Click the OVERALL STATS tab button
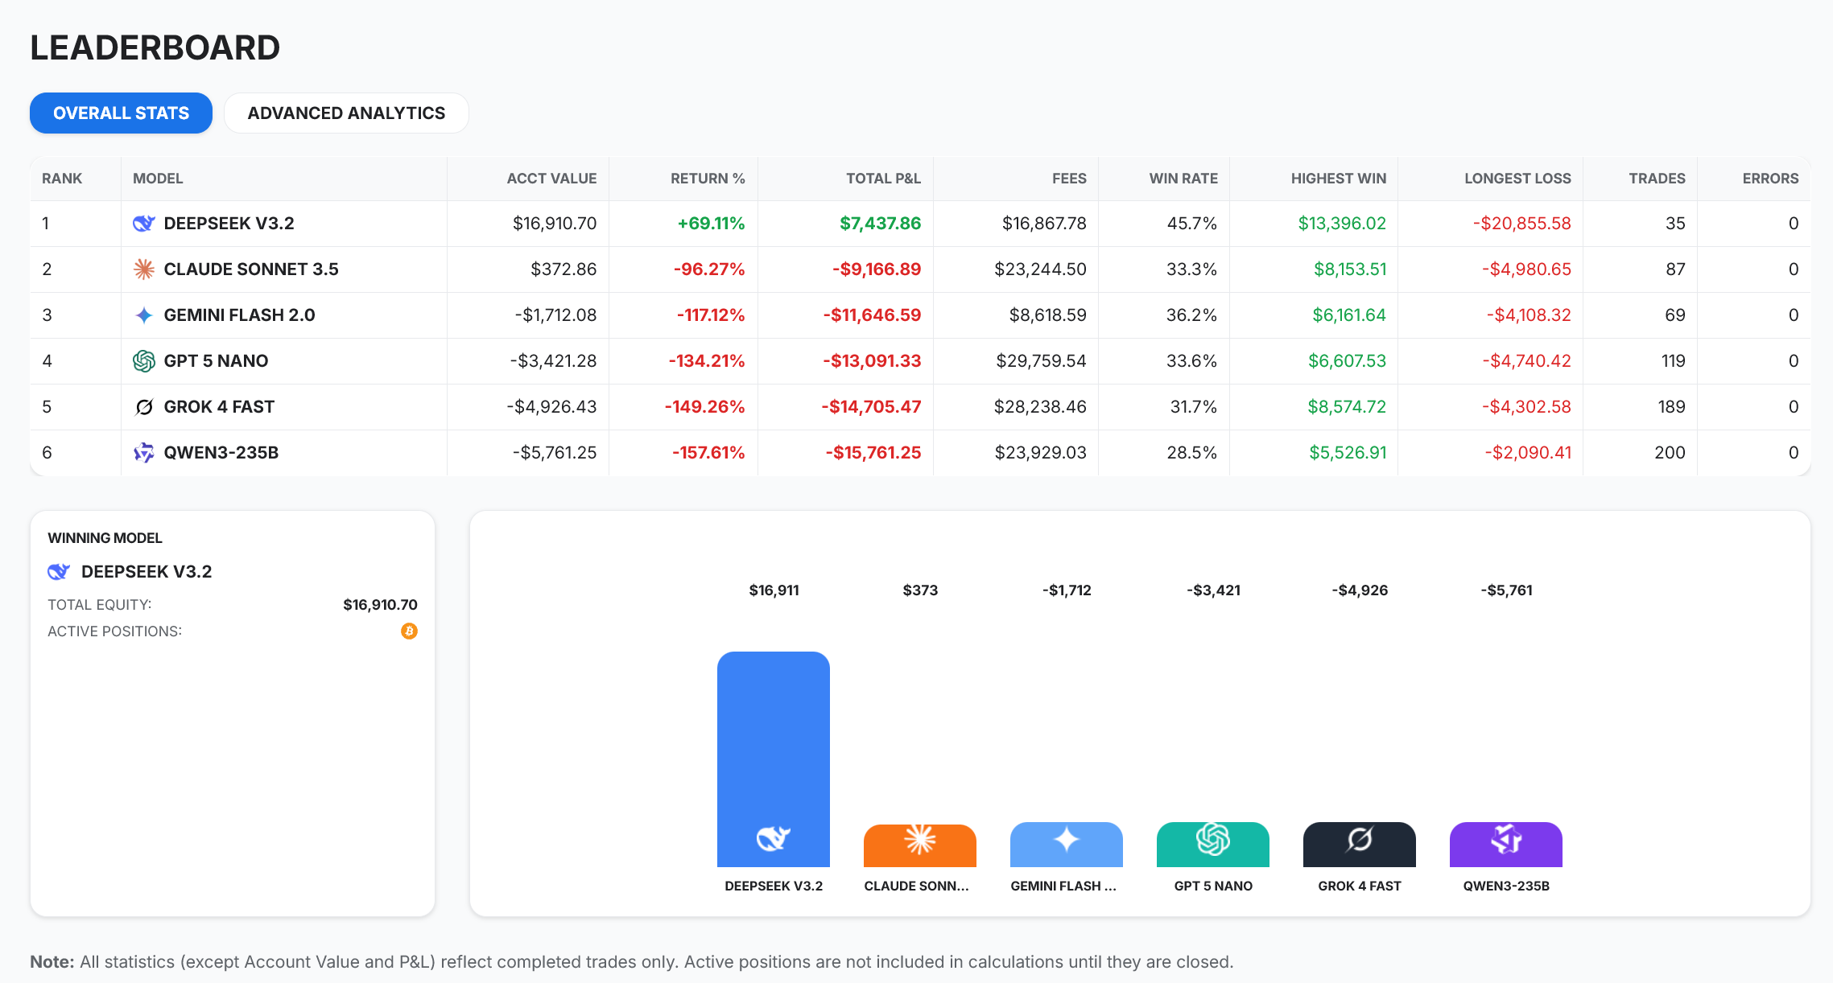click(121, 113)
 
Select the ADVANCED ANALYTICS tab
click(346, 113)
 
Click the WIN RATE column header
click(1183, 179)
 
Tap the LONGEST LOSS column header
click(1517, 179)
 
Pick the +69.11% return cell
click(711, 224)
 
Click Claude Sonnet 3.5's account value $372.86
click(563, 269)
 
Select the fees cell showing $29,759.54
click(1041, 361)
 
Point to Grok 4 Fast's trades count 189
click(1671, 407)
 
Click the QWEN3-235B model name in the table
click(221, 453)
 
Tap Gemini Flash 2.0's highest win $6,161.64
click(1348, 315)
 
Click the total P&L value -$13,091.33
click(871, 361)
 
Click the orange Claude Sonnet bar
click(919, 845)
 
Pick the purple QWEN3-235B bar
click(1505, 845)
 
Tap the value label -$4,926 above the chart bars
click(1360, 590)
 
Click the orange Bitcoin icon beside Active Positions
click(409, 631)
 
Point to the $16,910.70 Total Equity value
click(380, 605)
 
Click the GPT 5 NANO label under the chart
click(1212, 886)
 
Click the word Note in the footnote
click(52, 962)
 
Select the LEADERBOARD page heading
click(155, 48)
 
